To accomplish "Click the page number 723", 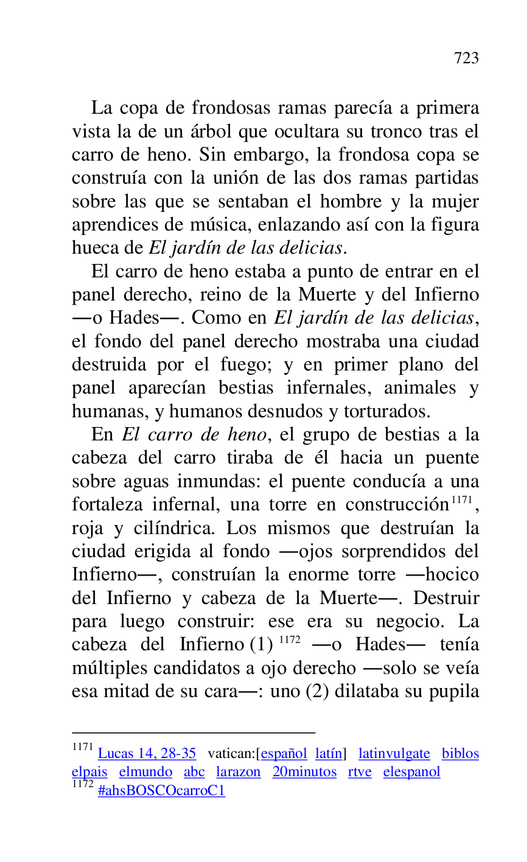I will click(466, 58).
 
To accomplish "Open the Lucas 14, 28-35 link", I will click(147, 754).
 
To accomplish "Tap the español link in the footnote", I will click(284, 754).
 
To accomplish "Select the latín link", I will click(329, 754).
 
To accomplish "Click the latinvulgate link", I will click(394, 754).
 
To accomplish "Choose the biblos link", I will click(460, 754).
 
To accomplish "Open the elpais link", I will click(89, 772).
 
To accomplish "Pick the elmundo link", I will click(145, 772).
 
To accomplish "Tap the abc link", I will click(194, 772).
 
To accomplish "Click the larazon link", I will click(238, 772).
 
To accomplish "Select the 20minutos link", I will click(304, 772).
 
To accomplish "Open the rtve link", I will click(360, 772).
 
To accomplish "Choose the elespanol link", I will click(411, 772).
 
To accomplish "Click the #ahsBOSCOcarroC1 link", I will click(161, 791).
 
